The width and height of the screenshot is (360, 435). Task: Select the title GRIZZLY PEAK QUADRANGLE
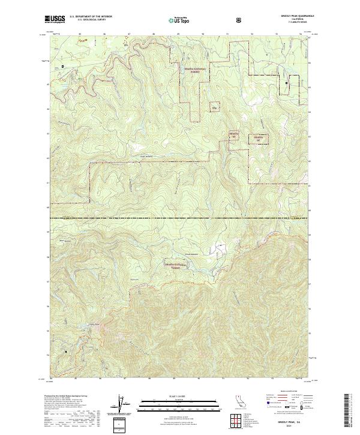(297, 16)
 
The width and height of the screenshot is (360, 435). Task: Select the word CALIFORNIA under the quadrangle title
(297, 20)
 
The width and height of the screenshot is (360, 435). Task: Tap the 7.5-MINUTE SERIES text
(297, 23)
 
